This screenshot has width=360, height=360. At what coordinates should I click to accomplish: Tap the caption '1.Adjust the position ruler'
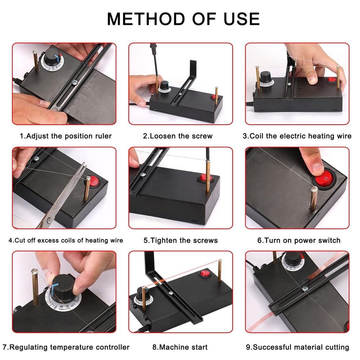coord(66,136)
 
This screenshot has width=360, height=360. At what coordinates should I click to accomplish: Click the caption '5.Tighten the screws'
coord(180,240)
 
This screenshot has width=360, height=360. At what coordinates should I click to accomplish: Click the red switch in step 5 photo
coord(206,178)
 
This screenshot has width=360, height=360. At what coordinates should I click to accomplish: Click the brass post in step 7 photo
coord(35,288)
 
